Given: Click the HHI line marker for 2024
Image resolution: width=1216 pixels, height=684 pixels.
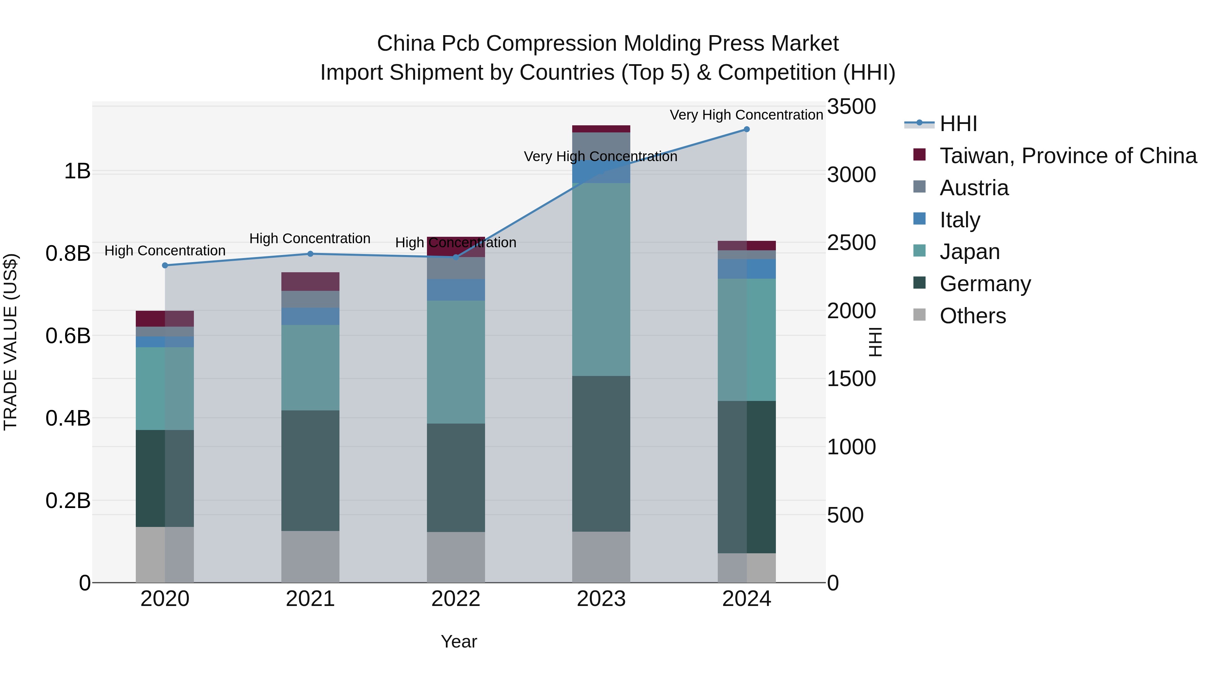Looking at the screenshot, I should point(746,129).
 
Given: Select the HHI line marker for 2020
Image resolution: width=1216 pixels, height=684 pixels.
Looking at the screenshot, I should point(165,265).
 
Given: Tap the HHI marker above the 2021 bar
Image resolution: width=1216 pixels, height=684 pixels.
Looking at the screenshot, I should point(310,254).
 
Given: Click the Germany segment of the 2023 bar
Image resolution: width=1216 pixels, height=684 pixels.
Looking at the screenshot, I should point(601,453).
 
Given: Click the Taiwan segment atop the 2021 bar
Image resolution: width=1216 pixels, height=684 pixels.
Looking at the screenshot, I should point(310,281).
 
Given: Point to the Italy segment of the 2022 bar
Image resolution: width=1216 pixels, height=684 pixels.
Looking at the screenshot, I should point(456,290).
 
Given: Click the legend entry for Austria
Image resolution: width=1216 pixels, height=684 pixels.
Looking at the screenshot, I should point(974,188).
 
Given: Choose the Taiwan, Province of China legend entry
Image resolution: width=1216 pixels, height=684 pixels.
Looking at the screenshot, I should point(1068,156).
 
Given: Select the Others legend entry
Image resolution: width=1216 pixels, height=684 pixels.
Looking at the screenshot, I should point(972,316).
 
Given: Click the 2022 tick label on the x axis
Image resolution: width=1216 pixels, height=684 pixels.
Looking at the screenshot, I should point(456,599).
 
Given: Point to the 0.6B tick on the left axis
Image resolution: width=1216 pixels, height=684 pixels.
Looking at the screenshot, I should point(68,336).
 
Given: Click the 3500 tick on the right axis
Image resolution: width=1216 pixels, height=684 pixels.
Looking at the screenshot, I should point(851,107).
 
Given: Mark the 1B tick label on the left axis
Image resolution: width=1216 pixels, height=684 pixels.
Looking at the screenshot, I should point(77,171).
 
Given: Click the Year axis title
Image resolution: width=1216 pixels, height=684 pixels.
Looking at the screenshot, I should point(459,641).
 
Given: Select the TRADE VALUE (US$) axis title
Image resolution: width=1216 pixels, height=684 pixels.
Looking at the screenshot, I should point(11,342).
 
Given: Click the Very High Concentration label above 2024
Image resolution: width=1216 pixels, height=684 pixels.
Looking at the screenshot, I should point(746,115).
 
